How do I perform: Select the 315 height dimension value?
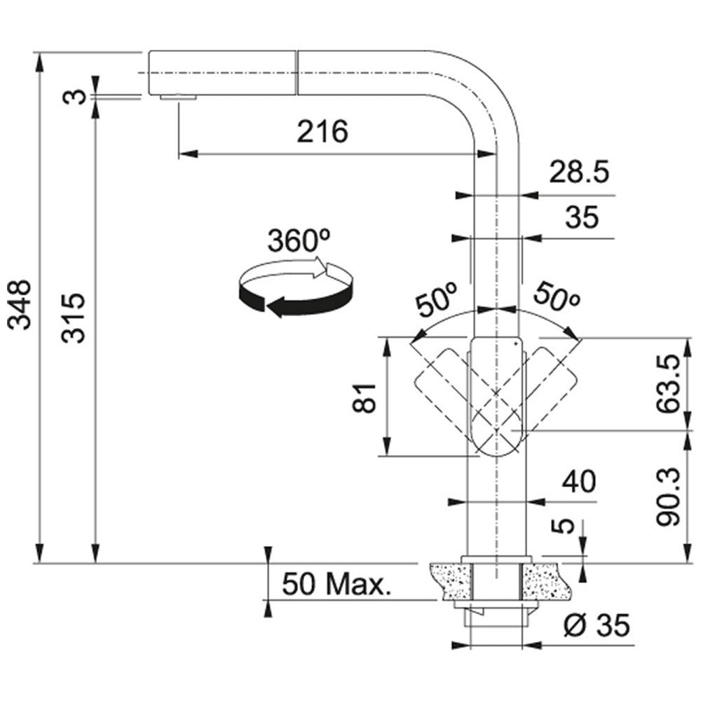tap(73, 318)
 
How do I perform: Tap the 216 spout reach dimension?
tap(322, 132)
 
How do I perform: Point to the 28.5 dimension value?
tap(579, 172)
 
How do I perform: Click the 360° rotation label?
tap(299, 241)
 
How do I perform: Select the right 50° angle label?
tap(557, 297)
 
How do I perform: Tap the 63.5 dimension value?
tap(669, 384)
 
